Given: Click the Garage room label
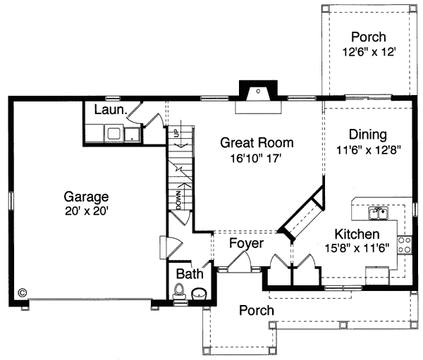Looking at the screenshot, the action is coord(86,197).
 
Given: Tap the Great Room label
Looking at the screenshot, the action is coord(257,142).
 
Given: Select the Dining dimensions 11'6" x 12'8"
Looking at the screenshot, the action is coord(369,150).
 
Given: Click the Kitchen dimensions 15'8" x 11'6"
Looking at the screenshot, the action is coord(357,248).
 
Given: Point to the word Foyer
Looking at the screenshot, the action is coord(246,243).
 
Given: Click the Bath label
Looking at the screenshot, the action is coord(190,274).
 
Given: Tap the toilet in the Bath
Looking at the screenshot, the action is coord(179,291).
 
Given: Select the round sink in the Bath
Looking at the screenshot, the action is coord(200,294).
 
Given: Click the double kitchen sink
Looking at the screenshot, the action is coord(379,213).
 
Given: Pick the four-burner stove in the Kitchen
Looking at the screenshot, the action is coord(405,245).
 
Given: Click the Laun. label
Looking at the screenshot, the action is coord(111,110).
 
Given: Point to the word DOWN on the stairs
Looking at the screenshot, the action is coord(178,200).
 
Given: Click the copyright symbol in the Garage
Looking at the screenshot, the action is coord(22,292).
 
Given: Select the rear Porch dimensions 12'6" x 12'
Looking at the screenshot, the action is coord(369,51).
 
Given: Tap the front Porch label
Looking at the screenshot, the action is coord(257,311).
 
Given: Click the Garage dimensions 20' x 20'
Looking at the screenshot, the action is coord(87,211).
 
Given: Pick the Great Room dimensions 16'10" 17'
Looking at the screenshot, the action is coord(256,159).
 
